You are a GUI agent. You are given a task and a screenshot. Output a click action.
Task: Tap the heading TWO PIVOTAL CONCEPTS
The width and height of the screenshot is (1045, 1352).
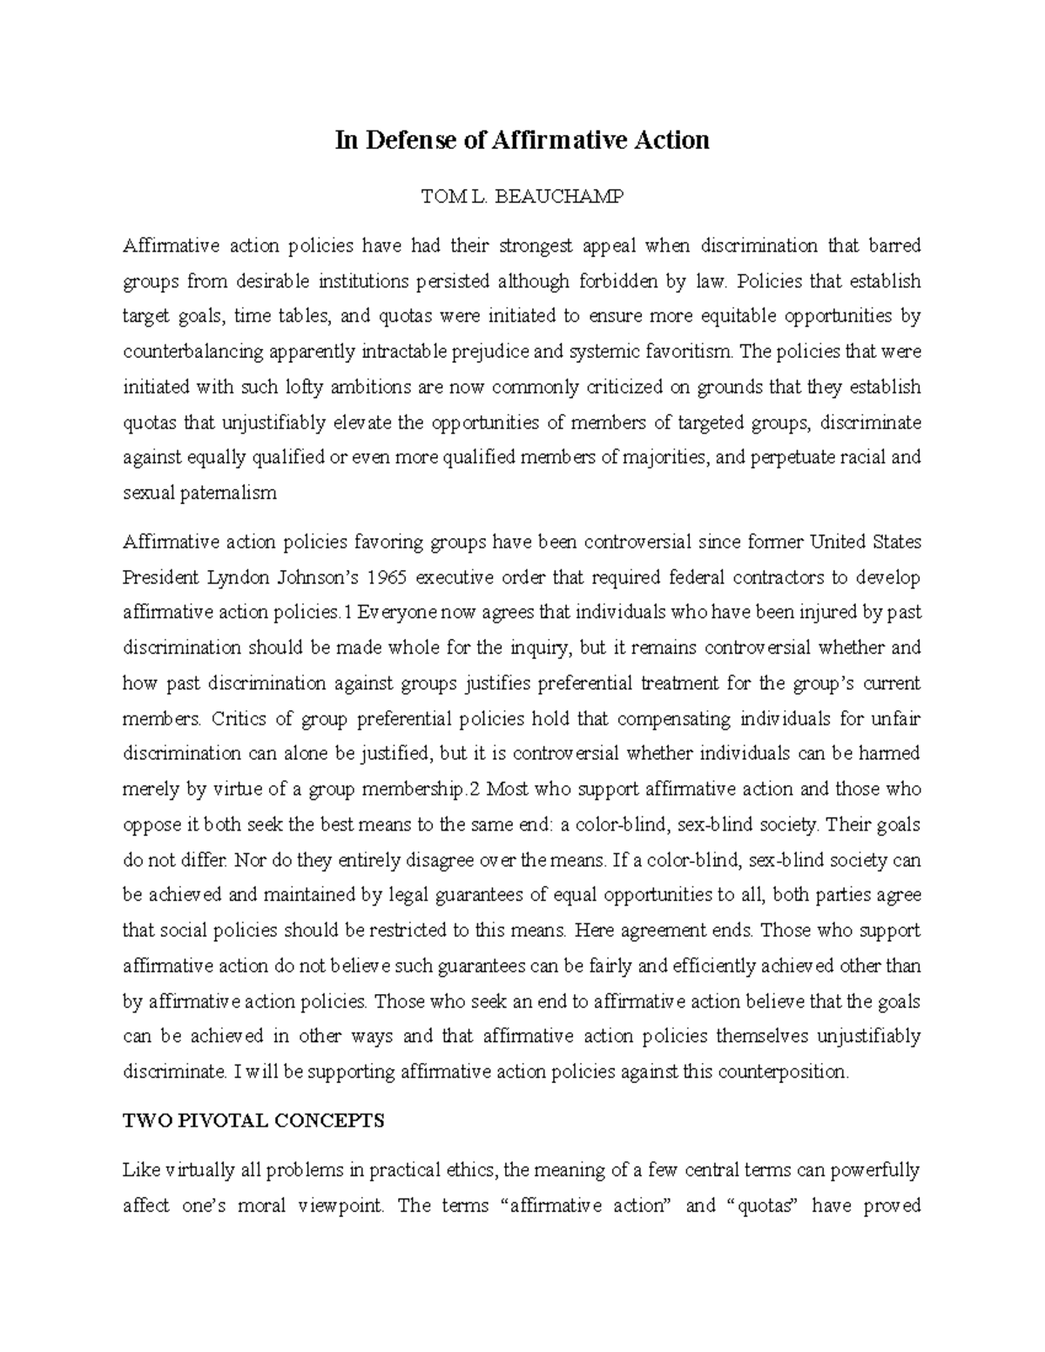click(253, 1120)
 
